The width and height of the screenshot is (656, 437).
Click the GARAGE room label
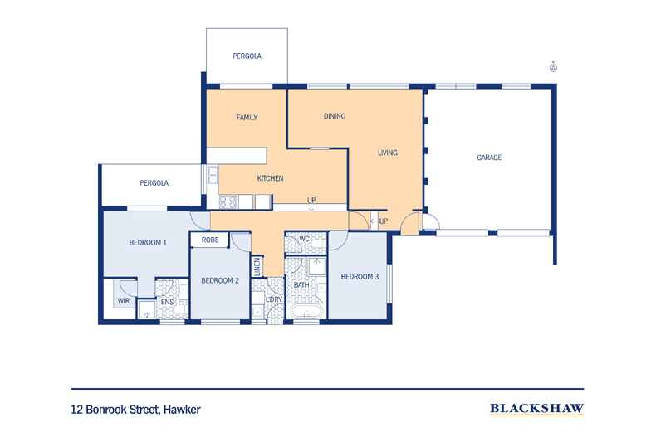point(489,158)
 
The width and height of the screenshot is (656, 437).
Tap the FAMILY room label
point(247,118)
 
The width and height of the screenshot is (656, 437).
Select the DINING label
point(335,116)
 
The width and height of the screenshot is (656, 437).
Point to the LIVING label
point(388,153)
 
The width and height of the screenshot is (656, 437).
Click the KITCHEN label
point(270,178)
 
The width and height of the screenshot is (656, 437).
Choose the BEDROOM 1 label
point(148,242)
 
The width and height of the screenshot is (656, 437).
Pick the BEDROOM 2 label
point(220,280)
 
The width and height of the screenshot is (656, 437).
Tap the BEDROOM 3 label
point(360,277)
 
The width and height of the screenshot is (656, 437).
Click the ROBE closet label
point(210,240)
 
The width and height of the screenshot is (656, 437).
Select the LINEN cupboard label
point(257,266)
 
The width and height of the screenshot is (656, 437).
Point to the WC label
point(305,240)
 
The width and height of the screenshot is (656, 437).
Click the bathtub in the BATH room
point(306,313)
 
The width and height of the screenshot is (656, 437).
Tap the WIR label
point(124,301)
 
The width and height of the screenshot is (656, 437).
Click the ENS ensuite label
point(168,302)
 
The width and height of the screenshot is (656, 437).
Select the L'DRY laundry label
point(274,299)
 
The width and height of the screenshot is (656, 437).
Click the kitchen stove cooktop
point(228,202)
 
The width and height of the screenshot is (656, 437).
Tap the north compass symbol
point(553,67)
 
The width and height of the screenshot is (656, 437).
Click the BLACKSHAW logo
point(537,409)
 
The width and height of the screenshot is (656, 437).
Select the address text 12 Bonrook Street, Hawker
point(136,410)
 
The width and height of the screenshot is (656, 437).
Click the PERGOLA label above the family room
point(247,56)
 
